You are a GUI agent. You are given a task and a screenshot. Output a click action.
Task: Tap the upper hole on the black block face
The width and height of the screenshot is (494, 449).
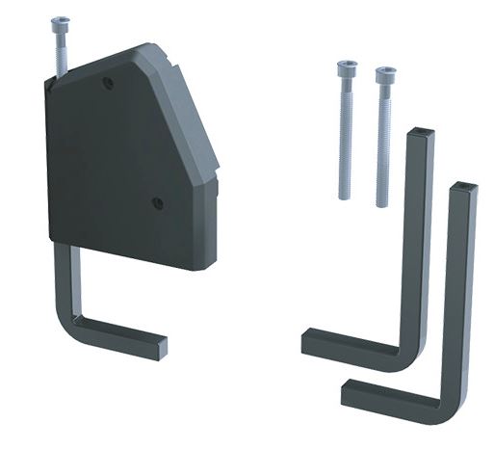108,84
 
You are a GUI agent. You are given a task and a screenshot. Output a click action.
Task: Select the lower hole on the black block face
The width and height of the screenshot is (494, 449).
157,202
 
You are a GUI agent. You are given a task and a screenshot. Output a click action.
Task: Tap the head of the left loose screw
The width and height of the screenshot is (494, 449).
347,68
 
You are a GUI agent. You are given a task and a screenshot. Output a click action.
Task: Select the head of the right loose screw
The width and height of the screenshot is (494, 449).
385,73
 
